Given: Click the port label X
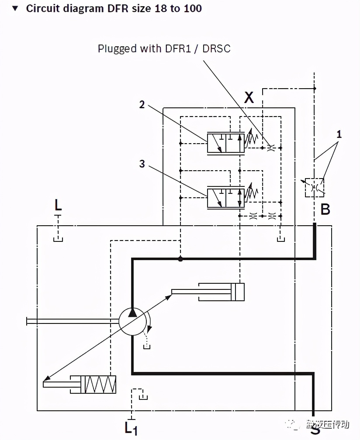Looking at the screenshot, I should [x=249, y=97].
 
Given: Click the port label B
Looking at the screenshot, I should [x=325, y=210].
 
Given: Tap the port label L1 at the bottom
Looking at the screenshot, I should [x=131, y=428].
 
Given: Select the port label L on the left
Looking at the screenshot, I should [x=58, y=204].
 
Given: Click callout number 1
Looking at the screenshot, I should [x=339, y=134].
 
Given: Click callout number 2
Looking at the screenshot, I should [x=142, y=104].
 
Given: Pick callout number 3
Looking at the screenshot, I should [x=142, y=164].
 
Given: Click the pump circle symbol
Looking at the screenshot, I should [x=132, y=322].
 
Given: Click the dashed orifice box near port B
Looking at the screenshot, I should [x=315, y=187].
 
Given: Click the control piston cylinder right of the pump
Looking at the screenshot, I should [x=222, y=292].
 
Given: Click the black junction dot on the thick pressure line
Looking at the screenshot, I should [x=180, y=259].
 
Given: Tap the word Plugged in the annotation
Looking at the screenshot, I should [x=117, y=48].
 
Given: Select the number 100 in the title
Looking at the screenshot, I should [x=193, y=8].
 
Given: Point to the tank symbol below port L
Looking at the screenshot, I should [x=58, y=238].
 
